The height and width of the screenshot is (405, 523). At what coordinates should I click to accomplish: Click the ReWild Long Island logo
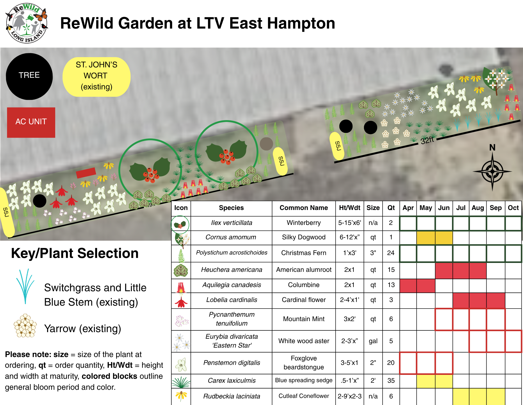[26, 23]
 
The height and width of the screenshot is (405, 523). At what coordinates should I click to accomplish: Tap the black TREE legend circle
[29, 76]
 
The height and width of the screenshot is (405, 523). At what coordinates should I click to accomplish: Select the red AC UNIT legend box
[31, 122]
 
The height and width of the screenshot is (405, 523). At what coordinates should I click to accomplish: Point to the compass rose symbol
[492, 171]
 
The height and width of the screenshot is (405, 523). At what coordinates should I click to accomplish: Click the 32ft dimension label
[427, 141]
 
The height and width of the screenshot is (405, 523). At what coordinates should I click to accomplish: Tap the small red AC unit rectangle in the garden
[86, 172]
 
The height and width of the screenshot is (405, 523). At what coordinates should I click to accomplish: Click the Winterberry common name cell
[303, 223]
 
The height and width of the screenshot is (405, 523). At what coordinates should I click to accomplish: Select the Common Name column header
[303, 208]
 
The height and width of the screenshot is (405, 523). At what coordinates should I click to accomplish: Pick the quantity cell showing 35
[391, 381]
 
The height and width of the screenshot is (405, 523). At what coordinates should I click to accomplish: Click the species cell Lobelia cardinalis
[232, 300]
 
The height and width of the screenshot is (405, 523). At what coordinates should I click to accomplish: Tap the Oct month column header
[513, 208]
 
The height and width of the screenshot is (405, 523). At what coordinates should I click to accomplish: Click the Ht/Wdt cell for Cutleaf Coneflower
[350, 396]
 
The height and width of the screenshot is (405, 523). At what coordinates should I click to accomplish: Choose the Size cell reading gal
[373, 341]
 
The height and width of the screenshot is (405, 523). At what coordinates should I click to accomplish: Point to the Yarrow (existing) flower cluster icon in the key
[25, 326]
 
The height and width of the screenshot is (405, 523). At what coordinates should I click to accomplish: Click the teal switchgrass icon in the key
[25, 286]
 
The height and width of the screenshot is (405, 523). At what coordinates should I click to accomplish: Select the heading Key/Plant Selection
[75, 253]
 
